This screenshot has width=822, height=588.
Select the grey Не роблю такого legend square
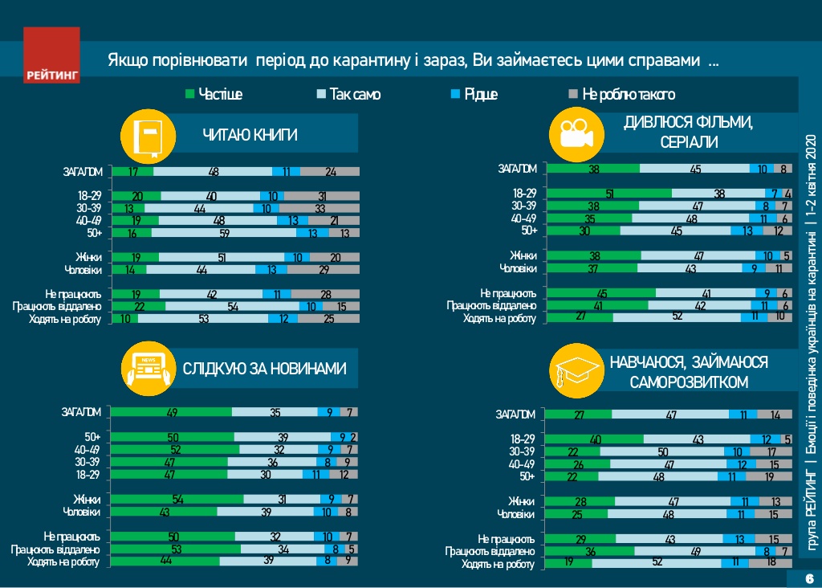[573, 95]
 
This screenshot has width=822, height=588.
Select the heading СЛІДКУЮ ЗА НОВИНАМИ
[264, 370]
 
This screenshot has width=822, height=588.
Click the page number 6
[808, 579]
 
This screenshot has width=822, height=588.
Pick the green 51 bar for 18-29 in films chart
[608, 194]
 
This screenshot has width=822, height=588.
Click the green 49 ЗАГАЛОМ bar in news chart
[171, 412]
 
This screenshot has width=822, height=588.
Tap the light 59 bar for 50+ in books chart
[223, 233]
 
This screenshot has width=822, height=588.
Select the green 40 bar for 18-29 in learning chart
[594, 439]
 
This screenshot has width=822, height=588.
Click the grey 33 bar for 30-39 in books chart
[319, 209]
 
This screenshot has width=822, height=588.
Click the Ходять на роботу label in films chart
[498, 318]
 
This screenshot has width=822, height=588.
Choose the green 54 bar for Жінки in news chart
[177, 500]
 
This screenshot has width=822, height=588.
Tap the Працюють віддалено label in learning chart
[490, 551]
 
